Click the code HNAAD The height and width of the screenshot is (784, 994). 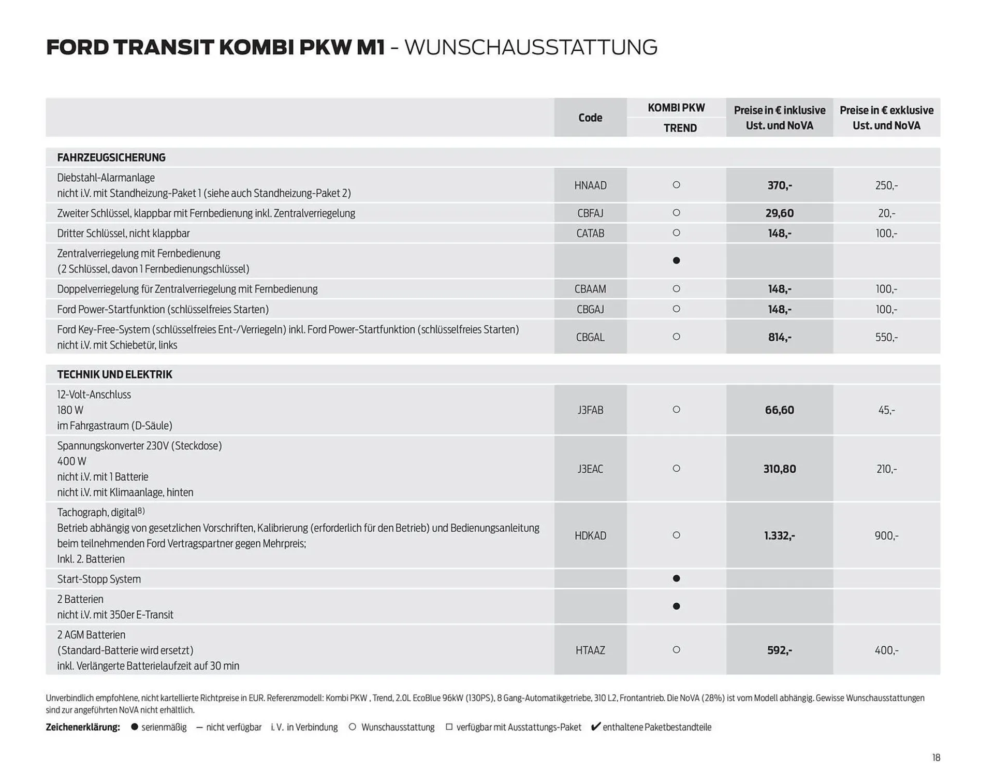point(590,185)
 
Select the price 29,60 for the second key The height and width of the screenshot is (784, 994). point(779,213)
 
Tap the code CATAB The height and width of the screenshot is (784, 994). point(590,234)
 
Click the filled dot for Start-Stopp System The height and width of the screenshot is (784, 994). point(676,578)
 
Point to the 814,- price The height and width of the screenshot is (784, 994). point(779,337)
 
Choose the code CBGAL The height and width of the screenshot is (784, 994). point(590,337)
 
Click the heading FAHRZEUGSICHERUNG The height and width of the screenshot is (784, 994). point(111,157)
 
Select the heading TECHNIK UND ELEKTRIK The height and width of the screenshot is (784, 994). point(114,374)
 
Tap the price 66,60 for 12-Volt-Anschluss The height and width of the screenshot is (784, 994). point(779,410)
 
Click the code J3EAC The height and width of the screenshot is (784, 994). point(590,469)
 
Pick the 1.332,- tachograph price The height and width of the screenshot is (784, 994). point(779,536)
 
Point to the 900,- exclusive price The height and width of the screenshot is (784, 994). point(886,536)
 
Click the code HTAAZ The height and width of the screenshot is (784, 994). point(590,650)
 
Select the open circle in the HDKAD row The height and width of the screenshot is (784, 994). point(676,535)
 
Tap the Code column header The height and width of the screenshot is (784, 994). point(590,118)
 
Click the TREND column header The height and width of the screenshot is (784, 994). point(680,128)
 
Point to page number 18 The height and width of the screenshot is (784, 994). point(936,758)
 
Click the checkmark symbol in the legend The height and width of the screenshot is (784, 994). point(596,727)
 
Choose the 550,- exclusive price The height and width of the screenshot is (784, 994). point(886,337)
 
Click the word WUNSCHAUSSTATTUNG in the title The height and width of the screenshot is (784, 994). point(531,47)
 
